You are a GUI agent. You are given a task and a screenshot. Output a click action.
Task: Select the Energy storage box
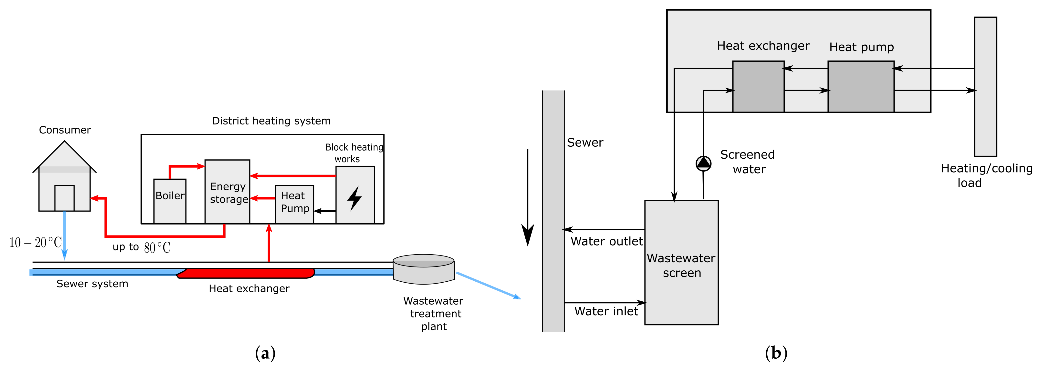(x=227, y=192)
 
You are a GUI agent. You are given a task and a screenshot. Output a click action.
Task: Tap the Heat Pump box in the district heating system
(x=294, y=204)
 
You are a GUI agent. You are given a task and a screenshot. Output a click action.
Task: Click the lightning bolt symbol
(x=355, y=198)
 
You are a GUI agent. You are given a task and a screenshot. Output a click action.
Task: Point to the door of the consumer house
(x=64, y=198)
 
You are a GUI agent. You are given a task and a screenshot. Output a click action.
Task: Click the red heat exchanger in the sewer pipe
(x=246, y=273)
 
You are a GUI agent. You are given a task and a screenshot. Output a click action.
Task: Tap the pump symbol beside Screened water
(x=703, y=163)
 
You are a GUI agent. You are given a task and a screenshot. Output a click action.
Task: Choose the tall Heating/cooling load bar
(x=986, y=87)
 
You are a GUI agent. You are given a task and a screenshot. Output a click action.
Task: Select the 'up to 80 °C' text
(x=142, y=247)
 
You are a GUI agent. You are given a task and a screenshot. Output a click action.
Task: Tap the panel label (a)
(x=265, y=353)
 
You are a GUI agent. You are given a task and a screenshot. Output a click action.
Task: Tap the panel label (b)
(x=776, y=353)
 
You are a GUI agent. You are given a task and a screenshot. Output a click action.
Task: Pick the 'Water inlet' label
(x=606, y=311)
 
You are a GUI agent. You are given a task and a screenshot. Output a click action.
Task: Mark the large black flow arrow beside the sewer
(x=528, y=198)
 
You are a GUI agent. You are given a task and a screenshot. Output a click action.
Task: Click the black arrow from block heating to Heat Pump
(x=325, y=211)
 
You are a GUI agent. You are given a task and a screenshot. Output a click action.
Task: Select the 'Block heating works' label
(x=354, y=153)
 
